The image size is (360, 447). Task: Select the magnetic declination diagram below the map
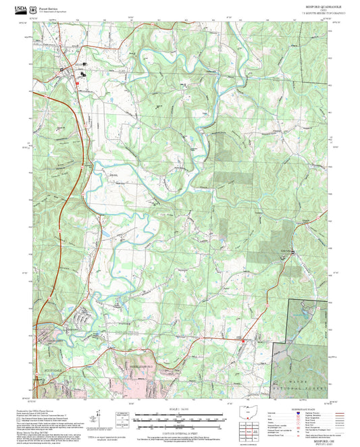[x=102, y=417]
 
